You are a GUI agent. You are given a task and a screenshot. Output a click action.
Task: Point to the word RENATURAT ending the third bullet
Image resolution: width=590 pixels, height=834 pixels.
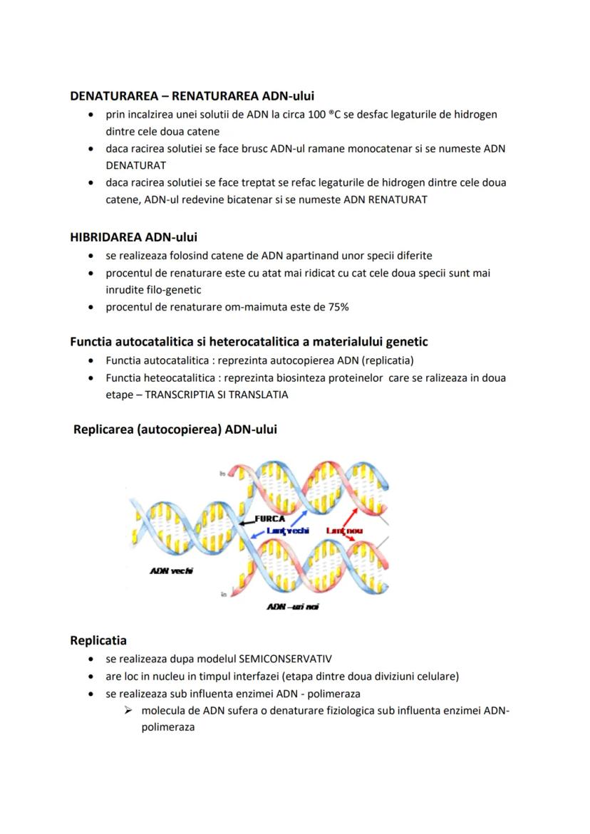point(398,199)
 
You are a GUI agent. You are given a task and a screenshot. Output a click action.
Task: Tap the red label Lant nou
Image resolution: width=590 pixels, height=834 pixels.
point(345,531)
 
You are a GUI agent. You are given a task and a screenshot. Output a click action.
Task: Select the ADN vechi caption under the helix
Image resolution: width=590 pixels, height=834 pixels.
point(172,570)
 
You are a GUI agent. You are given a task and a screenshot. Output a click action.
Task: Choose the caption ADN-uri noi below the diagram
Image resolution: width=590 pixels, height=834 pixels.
point(292,606)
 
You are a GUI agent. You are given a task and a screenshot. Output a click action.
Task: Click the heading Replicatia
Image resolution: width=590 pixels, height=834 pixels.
point(98,640)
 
